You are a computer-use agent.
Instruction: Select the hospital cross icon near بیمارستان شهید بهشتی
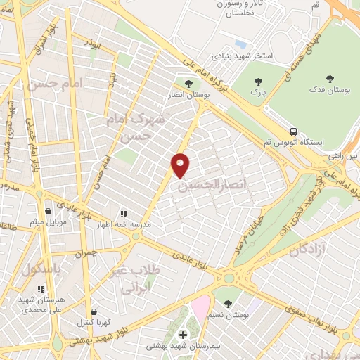click(184, 334)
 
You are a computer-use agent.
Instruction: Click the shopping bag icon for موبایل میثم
click(48, 210)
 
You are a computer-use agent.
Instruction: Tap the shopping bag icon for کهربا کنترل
click(94, 311)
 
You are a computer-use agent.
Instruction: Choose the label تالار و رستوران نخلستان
click(240, 11)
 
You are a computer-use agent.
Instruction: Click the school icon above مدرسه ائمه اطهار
click(124, 213)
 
